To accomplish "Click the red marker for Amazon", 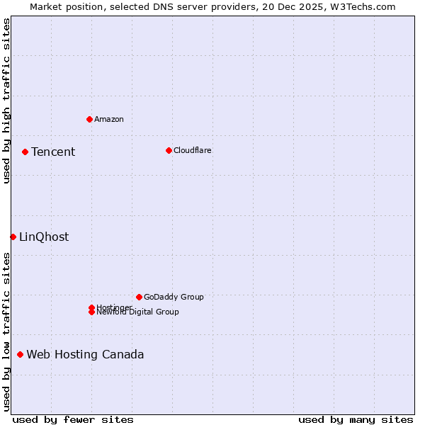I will pos(89,119).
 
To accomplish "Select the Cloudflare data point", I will pos(169,150).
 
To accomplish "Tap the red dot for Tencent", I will pos(25,152).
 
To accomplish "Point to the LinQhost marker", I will pos(13,237).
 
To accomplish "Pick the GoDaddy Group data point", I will pos(139,297).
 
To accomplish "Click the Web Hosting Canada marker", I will pos(20,354).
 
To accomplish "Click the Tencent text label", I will pos(53,152).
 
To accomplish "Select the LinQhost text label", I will pos(44,237).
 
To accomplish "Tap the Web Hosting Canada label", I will pos(85,354).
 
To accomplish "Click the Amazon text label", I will pos(109,119).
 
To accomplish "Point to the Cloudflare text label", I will pos(193,150).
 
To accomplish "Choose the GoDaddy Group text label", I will pos(174,297).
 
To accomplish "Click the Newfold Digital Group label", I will pos(137,312).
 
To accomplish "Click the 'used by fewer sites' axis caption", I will pos(73,419).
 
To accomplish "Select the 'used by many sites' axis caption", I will pos(356,419).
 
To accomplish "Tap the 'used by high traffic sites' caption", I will pos(6,101).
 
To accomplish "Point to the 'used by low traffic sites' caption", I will pos(6,331).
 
